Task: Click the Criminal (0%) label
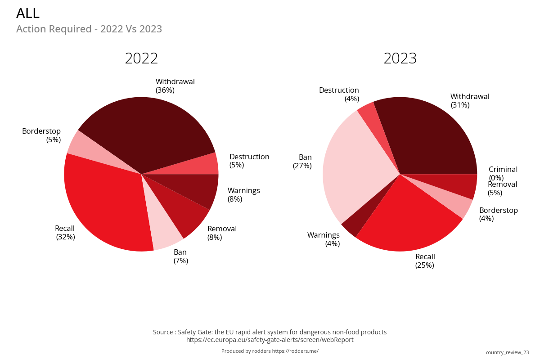click(x=503, y=174)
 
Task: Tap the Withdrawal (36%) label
click(x=175, y=86)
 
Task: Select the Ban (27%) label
click(x=302, y=162)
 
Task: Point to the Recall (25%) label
click(x=425, y=261)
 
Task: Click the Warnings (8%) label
click(x=243, y=195)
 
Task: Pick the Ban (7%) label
click(x=180, y=256)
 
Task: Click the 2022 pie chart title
click(x=141, y=59)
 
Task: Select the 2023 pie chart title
click(x=400, y=59)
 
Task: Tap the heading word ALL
click(x=28, y=13)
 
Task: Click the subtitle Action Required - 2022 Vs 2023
click(x=89, y=29)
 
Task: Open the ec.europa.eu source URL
click(x=270, y=340)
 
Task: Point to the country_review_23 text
click(x=507, y=352)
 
